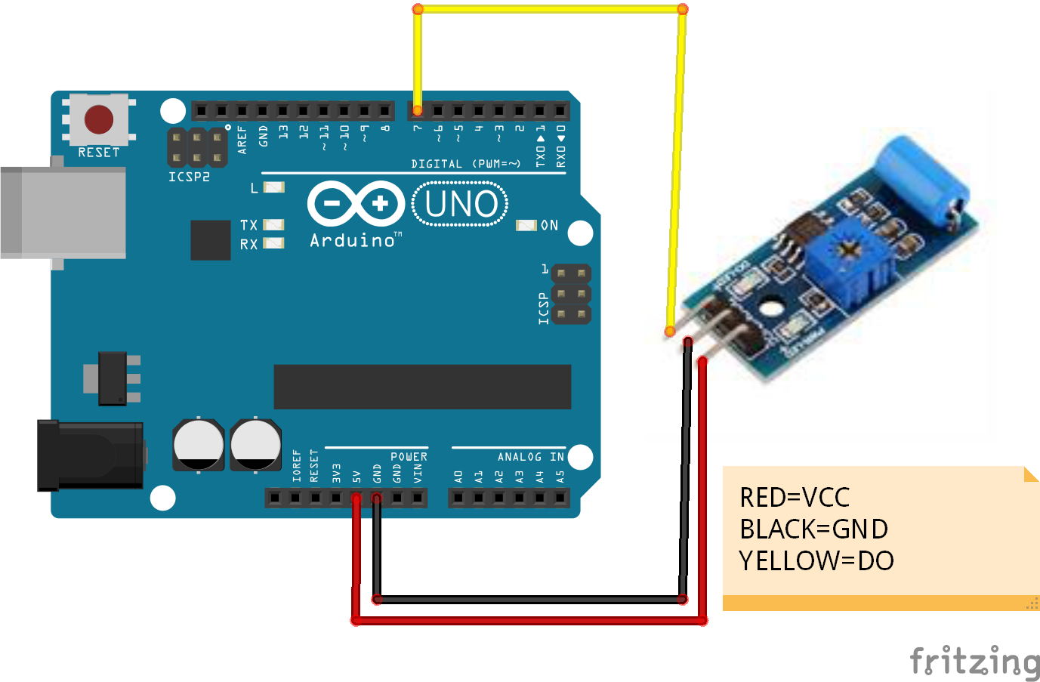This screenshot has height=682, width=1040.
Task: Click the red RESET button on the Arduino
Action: (99, 119)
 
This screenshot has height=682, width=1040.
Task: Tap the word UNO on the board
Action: (461, 204)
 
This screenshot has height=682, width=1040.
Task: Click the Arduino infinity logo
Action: (356, 203)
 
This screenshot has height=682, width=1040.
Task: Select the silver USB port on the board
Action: (63, 213)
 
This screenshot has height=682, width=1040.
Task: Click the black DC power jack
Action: (91, 455)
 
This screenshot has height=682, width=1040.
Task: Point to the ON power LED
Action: (526, 225)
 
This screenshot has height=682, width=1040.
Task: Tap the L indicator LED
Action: (273, 187)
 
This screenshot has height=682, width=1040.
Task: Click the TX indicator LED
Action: (273, 225)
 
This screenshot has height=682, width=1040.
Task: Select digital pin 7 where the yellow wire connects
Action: (418, 111)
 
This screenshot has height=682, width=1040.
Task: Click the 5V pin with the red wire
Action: (356, 498)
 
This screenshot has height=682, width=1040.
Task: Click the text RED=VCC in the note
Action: (795, 498)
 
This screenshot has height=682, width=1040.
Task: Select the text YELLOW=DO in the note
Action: (816, 561)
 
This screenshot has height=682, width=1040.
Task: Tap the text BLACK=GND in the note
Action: (813, 529)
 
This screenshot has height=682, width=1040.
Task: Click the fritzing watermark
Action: (974, 662)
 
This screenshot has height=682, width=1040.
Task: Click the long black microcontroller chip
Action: (422, 387)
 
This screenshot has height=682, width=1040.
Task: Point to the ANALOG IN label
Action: (530, 457)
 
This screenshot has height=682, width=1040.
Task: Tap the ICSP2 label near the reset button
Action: (189, 177)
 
